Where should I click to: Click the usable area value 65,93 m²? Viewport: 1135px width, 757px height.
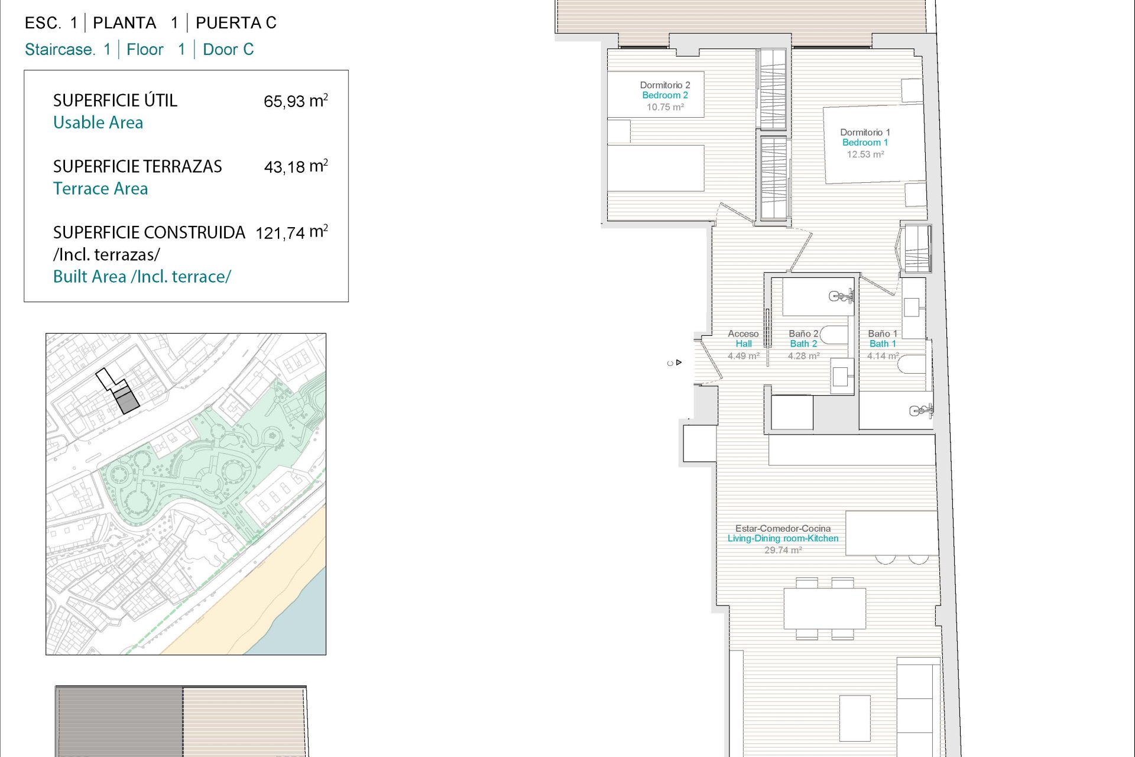296,101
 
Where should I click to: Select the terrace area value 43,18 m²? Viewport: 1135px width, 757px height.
296,166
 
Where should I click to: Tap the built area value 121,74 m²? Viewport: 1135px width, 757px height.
291,232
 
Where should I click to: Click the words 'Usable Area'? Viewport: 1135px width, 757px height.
98,122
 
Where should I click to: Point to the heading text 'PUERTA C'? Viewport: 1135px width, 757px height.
236,23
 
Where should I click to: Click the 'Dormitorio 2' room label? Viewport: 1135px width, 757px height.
665,85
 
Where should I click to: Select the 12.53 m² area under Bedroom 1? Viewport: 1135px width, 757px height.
865,154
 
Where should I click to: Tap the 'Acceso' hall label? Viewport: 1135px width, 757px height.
743,334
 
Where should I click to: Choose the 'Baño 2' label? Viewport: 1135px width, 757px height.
803,334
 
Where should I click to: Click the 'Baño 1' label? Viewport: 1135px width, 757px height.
883,334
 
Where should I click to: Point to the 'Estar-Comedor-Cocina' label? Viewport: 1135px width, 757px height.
783,529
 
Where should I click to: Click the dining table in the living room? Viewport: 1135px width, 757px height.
825,609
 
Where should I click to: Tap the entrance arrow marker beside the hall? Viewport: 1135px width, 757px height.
679,363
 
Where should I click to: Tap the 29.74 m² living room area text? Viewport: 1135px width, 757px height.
783,550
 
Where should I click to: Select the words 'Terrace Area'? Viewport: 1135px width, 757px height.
100,189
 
